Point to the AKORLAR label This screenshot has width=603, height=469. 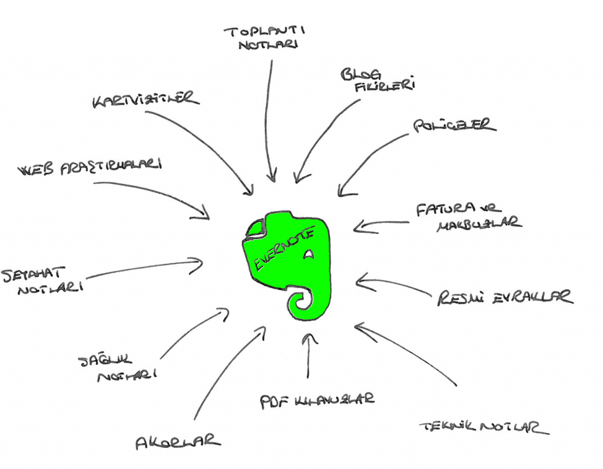178,441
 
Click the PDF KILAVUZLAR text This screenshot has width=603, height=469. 317,401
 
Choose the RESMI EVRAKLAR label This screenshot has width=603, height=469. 505,298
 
